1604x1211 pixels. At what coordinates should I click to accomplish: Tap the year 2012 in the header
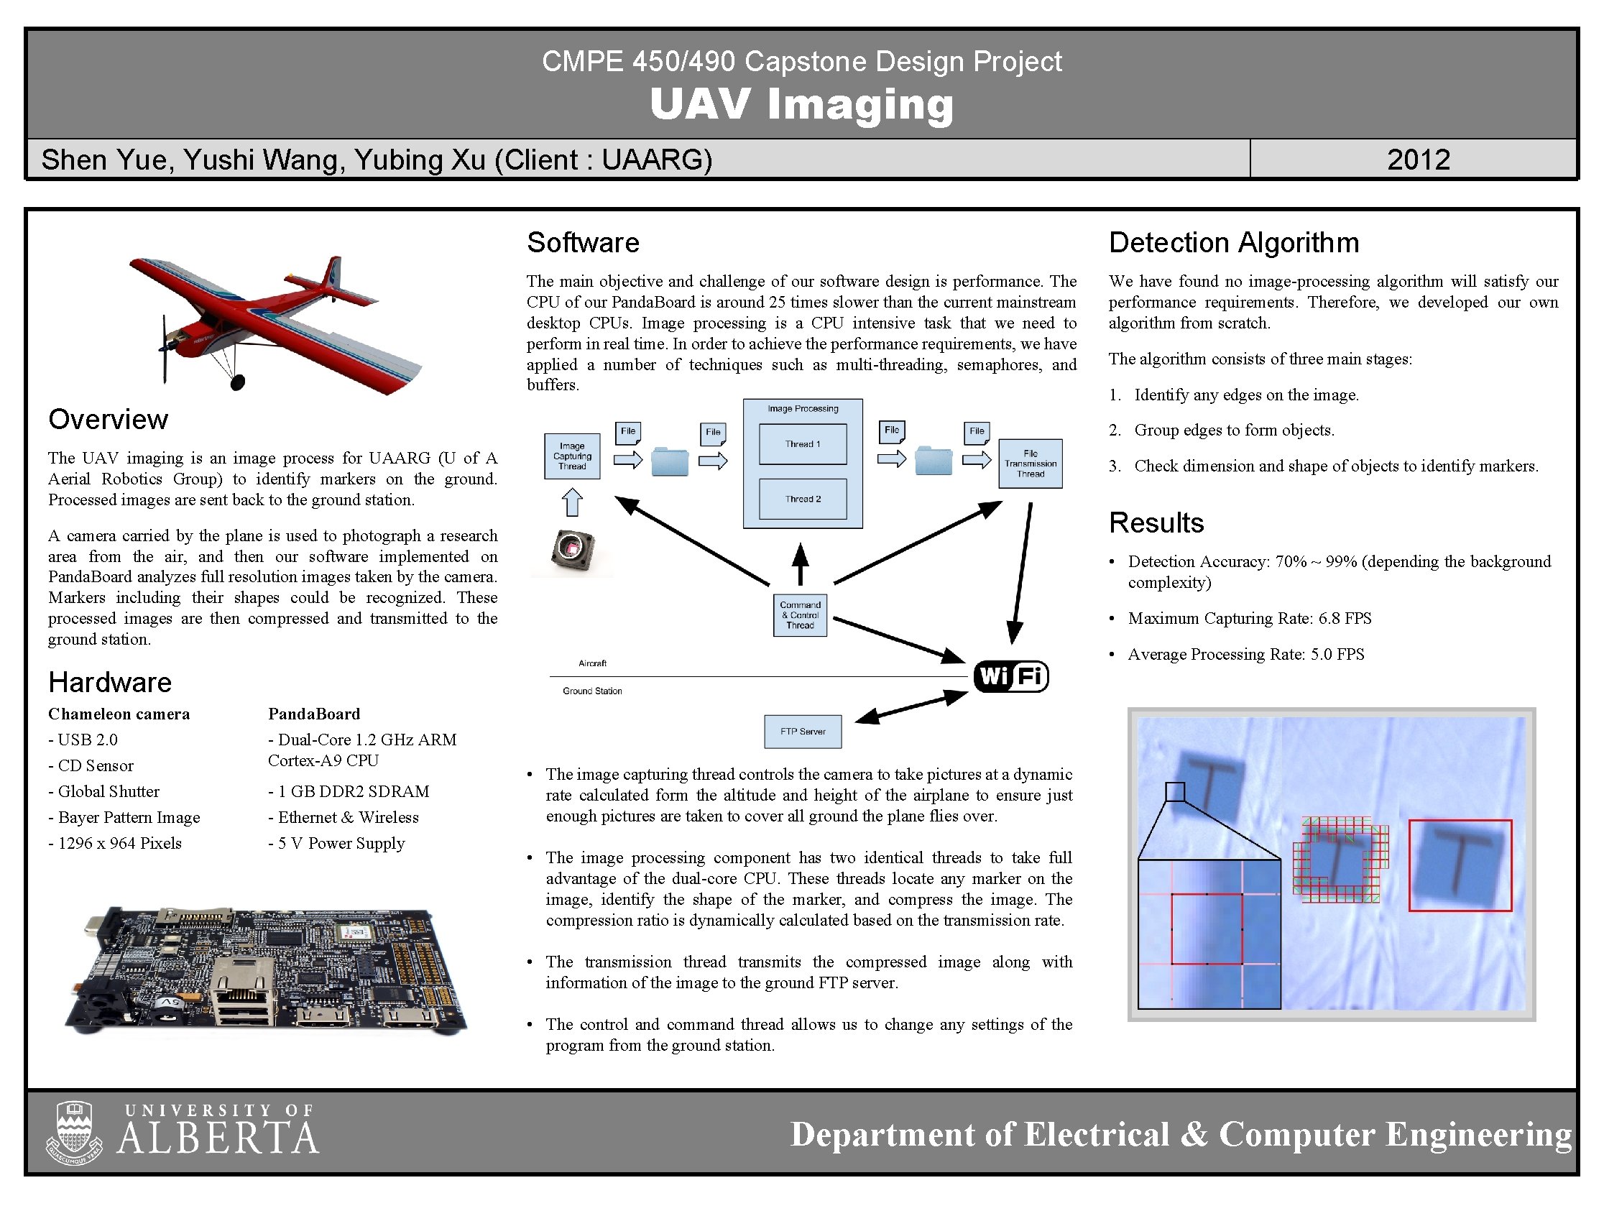coord(1418,160)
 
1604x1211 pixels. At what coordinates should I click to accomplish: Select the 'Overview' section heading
coord(108,419)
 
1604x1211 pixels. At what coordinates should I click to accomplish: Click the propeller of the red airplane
coord(164,349)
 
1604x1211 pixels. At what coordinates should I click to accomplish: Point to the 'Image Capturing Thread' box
coord(572,456)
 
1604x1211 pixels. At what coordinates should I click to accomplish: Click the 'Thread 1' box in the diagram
coord(803,443)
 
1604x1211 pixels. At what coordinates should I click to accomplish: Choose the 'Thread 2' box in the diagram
coord(803,499)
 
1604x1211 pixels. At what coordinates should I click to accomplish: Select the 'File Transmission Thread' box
coord(1030,464)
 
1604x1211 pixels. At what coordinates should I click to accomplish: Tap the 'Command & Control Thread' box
coord(800,615)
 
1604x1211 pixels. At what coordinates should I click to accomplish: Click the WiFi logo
coord(1011,676)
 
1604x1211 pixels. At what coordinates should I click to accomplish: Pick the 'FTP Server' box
coord(803,731)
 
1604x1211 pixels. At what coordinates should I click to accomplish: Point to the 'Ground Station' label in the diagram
coord(591,691)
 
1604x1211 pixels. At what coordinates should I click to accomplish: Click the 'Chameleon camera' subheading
coord(119,714)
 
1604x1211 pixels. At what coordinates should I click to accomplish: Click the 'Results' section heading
coord(1156,522)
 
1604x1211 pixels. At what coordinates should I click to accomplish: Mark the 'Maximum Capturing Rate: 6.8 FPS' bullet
coord(1250,618)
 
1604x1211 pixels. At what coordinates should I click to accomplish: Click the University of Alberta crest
coord(75,1132)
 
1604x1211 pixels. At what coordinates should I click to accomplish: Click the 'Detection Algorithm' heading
coord(1233,242)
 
